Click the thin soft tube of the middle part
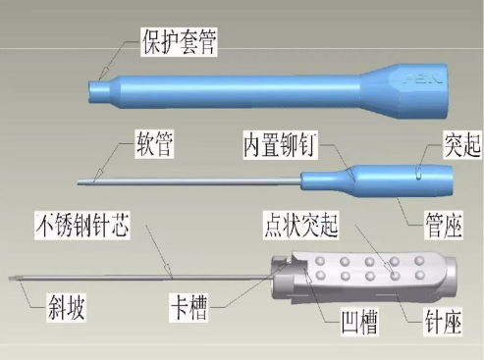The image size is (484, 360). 196,180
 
